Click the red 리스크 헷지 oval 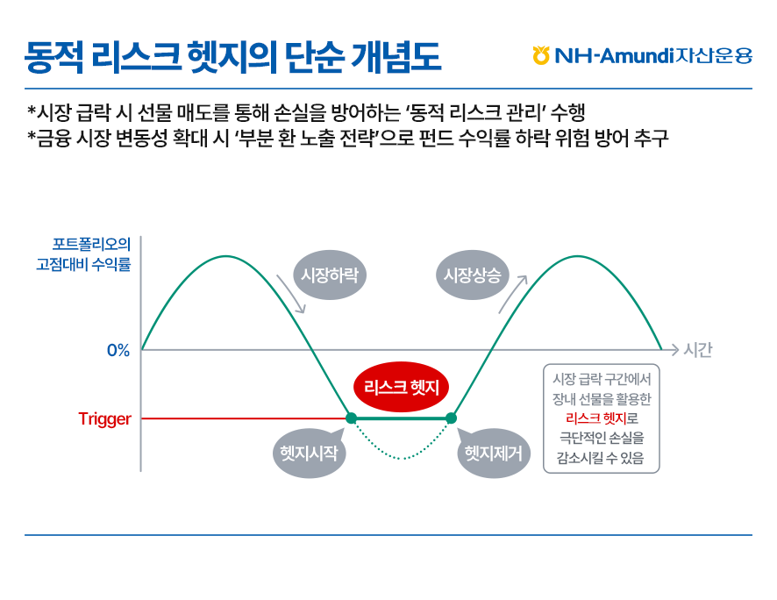click(401, 387)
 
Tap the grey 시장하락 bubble click(330, 275)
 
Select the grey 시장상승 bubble click(472, 275)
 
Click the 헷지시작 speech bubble click(309, 453)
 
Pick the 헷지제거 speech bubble click(493, 453)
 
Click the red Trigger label click(104, 419)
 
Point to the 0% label click(118, 350)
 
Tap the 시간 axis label click(698, 350)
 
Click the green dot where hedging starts click(351, 418)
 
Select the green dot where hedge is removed click(451, 418)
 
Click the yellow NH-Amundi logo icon click(541, 55)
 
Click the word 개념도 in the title click(396, 57)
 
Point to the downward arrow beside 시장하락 click(291, 293)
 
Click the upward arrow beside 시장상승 click(512, 295)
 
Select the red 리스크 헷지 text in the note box click(596, 418)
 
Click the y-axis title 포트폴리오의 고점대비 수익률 click(83, 254)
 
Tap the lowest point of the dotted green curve click(402, 459)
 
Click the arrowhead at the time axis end click(674, 350)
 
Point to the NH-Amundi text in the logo click(615, 55)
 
